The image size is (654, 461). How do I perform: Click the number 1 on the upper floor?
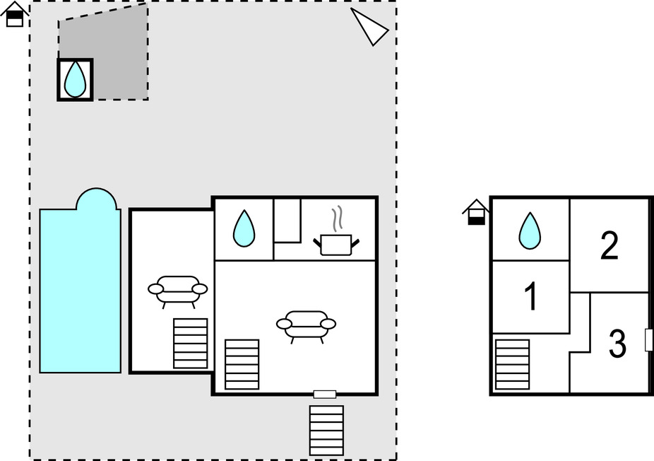tap(530, 297)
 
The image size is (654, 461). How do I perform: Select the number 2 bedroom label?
tap(609, 245)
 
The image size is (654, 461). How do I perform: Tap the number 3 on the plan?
tap(617, 345)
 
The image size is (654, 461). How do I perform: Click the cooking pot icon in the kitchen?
tap(336, 241)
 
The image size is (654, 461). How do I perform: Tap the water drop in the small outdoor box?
tap(75, 79)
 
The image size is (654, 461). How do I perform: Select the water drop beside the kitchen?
tap(244, 228)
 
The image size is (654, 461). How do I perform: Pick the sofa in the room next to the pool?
tap(178, 290)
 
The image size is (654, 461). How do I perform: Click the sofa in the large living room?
tap(306, 325)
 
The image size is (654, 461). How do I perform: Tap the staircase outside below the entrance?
tap(326, 430)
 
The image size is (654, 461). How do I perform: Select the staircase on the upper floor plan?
tap(512, 364)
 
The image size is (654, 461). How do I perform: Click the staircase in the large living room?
tap(242, 364)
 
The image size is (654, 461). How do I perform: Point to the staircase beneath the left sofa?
tap(191, 344)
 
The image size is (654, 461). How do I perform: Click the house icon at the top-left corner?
tap(15, 14)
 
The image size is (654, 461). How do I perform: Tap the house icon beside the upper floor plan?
tap(476, 211)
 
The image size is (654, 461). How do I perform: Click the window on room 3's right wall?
tap(648, 340)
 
